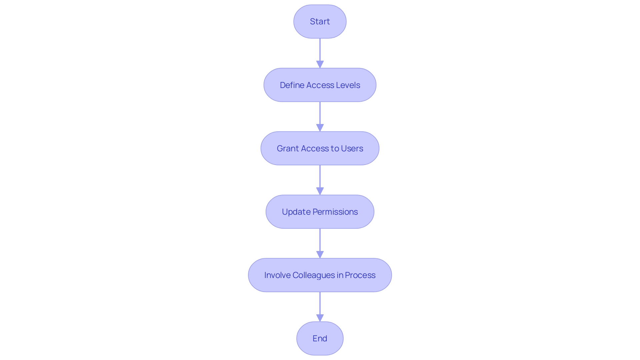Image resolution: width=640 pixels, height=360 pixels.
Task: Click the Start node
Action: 320,22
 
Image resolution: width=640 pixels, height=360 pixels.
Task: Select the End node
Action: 320,338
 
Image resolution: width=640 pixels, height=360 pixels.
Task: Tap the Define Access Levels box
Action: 320,85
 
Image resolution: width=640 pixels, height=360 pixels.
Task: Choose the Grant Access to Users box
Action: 320,148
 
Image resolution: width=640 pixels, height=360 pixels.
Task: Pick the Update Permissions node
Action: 320,212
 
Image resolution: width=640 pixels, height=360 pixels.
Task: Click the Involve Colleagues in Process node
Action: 320,275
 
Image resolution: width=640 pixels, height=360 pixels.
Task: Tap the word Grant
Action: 288,148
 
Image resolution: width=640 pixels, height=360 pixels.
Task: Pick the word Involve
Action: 277,275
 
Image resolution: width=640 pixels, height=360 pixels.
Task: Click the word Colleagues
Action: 313,275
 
